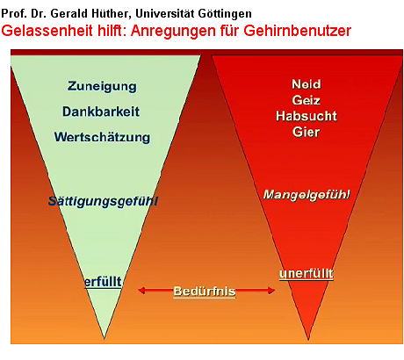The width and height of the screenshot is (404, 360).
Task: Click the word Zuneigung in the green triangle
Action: coord(102,87)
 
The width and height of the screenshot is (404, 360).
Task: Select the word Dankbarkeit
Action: coord(101,112)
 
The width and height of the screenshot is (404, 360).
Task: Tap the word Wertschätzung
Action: coord(102,137)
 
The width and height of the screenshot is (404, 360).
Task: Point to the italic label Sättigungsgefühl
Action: coord(103,201)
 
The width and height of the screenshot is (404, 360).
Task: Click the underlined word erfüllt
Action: coord(103,282)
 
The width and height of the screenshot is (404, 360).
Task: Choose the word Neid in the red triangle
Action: coord(307,84)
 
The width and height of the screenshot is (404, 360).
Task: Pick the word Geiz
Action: coord(306,100)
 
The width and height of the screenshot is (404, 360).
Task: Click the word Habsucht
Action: coord(307,116)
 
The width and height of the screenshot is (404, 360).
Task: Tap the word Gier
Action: coord(306,132)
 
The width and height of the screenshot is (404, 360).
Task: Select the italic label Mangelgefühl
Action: coord(307,195)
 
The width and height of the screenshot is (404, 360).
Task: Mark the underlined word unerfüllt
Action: coord(307,274)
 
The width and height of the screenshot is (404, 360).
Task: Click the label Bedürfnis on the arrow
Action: coord(205,292)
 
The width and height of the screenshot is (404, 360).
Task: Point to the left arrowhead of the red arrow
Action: coord(141,291)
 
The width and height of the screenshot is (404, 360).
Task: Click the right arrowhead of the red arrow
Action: coord(271,291)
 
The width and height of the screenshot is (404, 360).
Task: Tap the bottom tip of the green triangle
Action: coord(104,339)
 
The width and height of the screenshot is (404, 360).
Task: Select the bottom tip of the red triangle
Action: coord(308,340)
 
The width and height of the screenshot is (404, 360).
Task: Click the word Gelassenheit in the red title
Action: coord(47,31)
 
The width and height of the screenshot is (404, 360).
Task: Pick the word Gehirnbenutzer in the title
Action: coord(297,31)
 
